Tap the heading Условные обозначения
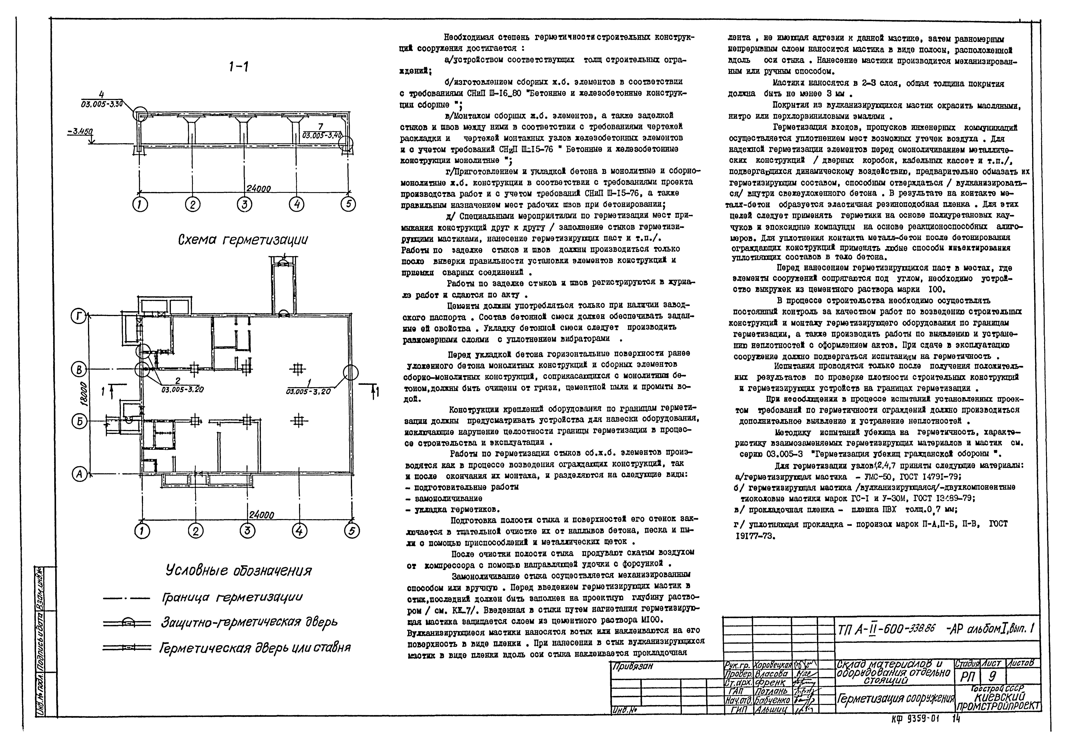click(239, 571)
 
